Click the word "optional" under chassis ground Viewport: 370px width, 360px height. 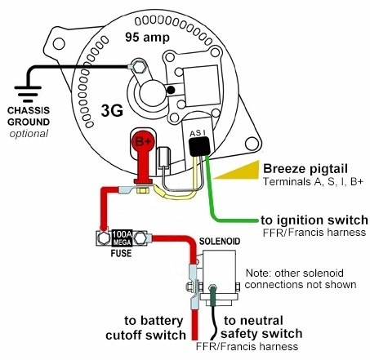[29, 133]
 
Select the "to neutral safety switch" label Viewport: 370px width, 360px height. [263, 327]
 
